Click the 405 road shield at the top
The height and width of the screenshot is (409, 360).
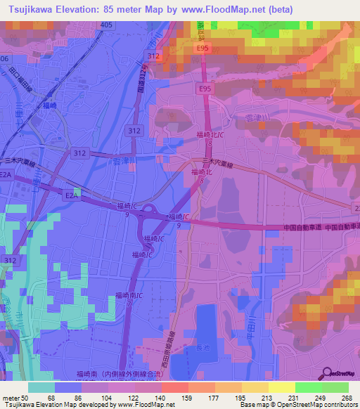(105, 25)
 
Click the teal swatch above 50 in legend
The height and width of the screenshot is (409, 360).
(41, 387)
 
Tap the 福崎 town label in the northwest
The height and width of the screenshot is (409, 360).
(49, 106)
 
